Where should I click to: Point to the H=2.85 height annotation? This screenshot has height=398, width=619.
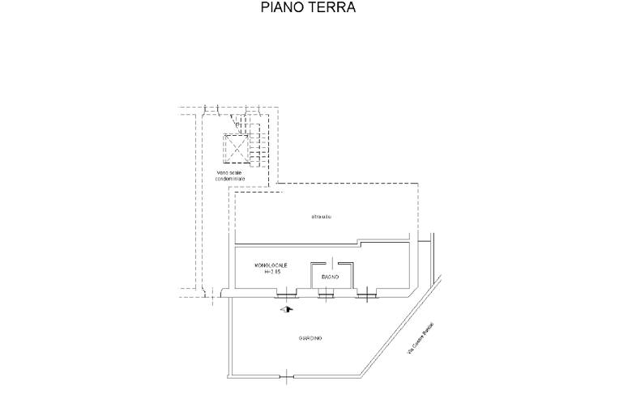click(272, 273)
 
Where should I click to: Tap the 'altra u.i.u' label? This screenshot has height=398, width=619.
click(322, 217)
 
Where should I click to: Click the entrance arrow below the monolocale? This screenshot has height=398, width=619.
click(285, 308)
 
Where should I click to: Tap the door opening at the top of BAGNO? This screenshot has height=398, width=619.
click(330, 262)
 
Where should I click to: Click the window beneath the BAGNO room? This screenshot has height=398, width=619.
click(327, 294)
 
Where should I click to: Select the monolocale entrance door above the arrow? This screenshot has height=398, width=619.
click(285, 295)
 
